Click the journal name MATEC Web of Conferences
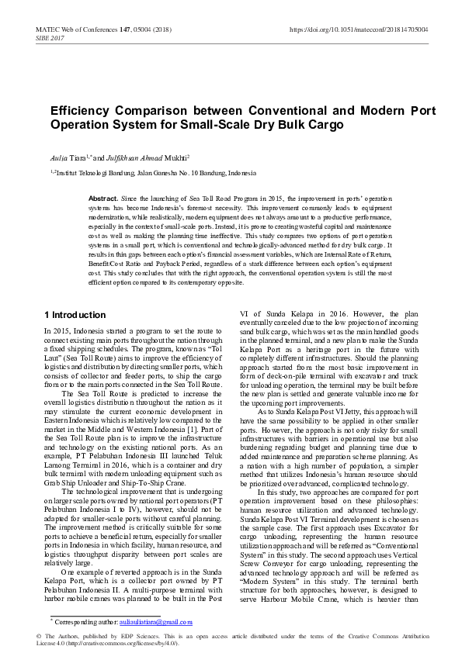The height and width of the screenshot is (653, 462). coord(73,29)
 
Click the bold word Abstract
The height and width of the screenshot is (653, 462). coord(102,199)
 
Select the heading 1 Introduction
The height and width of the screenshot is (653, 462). coord(75,315)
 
